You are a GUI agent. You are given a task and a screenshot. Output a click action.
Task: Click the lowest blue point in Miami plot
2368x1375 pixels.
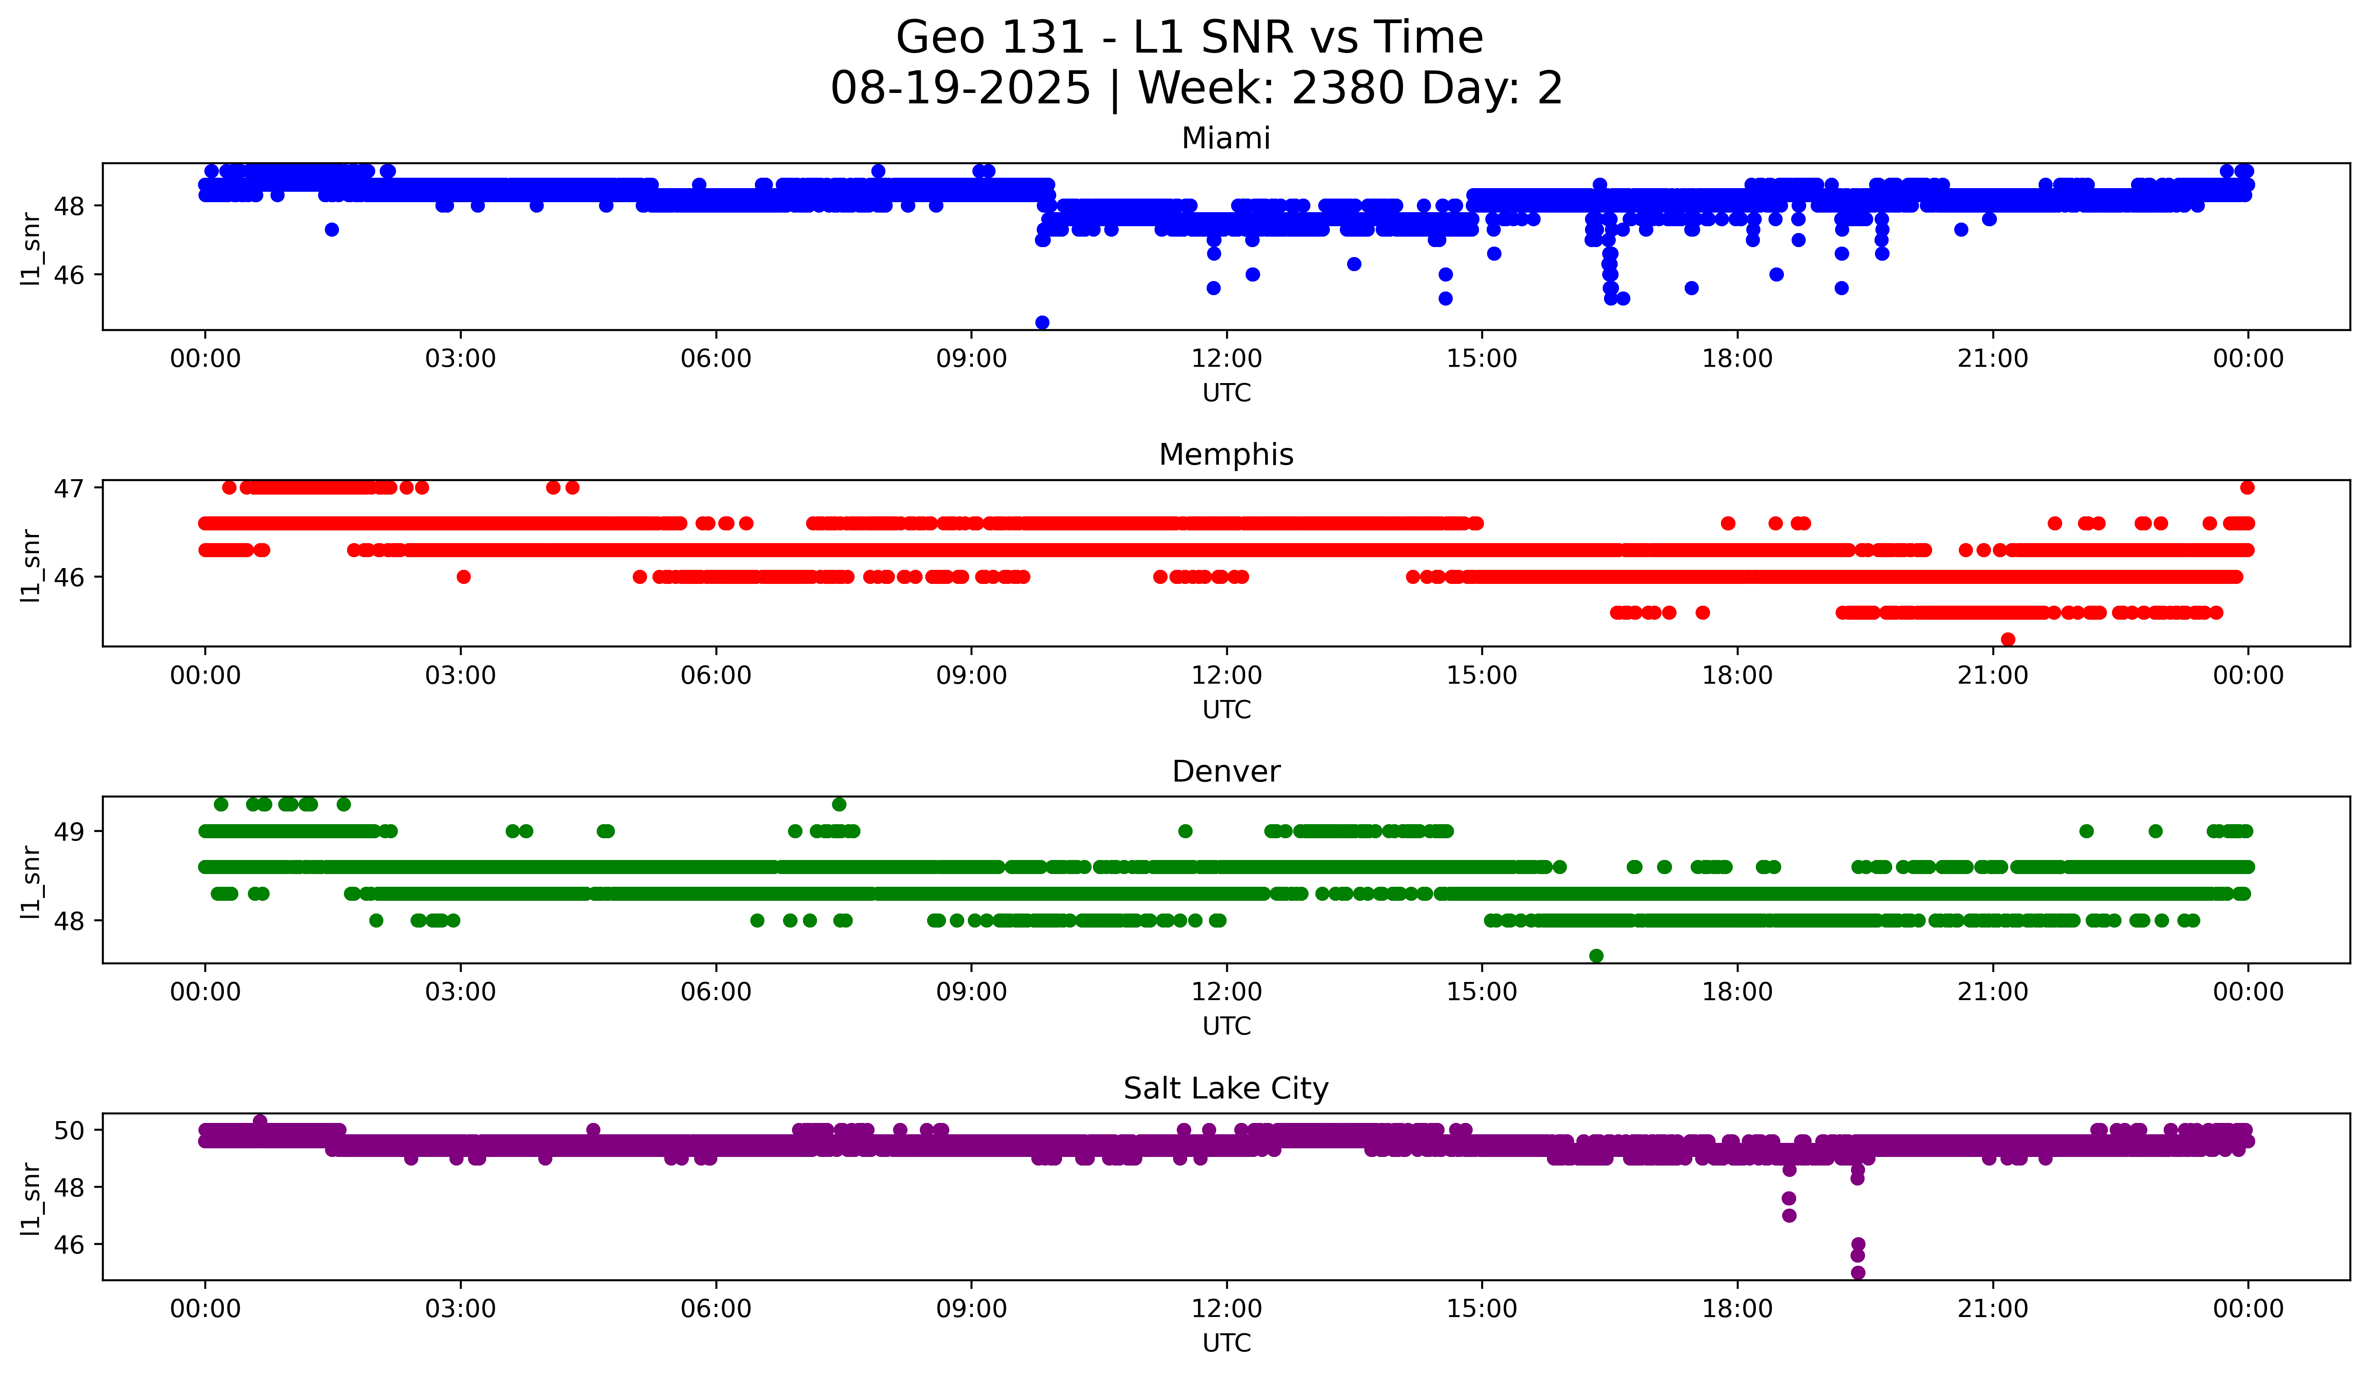point(1042,322)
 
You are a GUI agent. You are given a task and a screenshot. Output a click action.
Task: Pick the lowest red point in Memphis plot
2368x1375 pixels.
point(2008,639)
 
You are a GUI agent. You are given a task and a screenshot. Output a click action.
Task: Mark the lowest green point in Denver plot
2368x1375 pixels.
point(1595,956)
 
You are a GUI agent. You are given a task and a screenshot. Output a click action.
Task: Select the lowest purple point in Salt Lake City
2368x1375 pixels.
point(1858,1273)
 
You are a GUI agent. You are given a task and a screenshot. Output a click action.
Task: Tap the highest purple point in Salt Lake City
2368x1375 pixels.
point(260,1121)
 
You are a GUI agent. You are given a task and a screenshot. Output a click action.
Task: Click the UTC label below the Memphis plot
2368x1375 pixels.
point(1226,709)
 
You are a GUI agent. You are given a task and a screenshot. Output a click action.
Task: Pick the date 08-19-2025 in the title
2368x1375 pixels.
point(960,88)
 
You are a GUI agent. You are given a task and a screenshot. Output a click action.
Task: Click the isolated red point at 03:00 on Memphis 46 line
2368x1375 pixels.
point(463,577)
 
